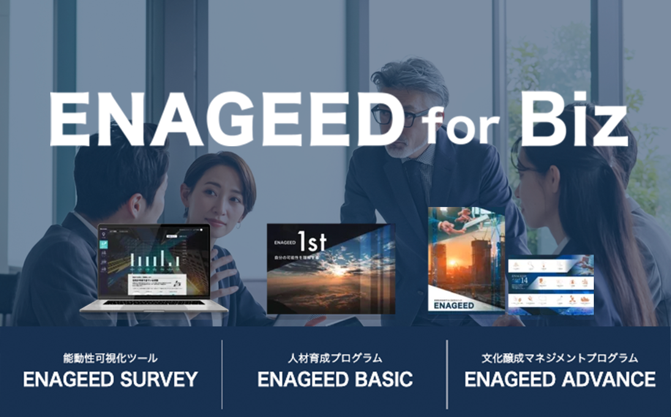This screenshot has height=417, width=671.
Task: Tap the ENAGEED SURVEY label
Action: tap(110, 379)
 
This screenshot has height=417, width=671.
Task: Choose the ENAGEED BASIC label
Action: tap(335, 379)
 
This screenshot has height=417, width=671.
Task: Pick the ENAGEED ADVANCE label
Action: tap(560, 379)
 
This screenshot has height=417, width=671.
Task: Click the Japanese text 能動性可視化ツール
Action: tap(110, 358)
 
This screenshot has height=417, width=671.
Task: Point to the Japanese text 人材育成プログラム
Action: tap(335, 358)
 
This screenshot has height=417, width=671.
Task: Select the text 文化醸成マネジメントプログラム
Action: tap(560, 358)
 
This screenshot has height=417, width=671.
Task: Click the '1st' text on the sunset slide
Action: tap(313, 244)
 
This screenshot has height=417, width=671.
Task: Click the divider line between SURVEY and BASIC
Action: tap(222, 374)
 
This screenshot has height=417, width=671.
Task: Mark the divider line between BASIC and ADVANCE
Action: tap(447, 374)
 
